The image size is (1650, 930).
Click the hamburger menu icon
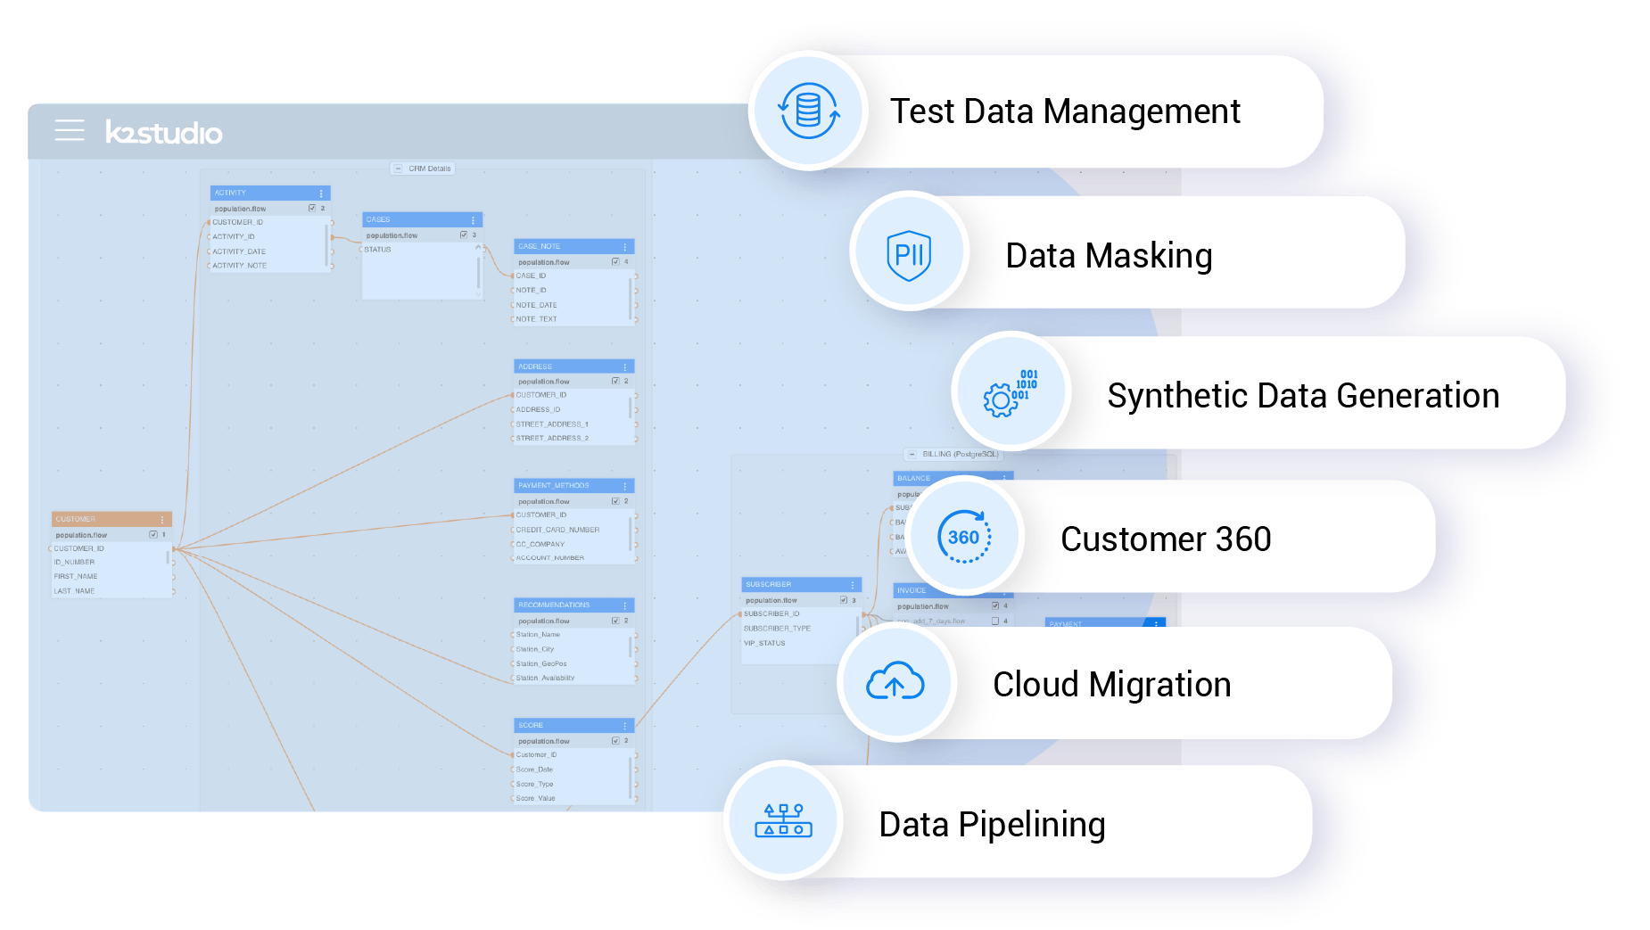tap(70, 130)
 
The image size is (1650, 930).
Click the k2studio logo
tap(164, 132)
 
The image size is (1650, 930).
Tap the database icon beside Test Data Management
tap(808, 111)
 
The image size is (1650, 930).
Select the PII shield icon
tap(909, 254)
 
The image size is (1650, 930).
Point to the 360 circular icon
tap(964, 537)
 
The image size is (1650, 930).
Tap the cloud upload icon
tap(895, 683)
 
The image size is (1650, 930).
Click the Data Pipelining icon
tap(783, 821)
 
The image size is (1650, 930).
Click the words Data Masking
tap(1109, 256)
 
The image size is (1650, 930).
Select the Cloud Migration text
tap(1111, 685)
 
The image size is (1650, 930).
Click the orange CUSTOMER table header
tap(111, 519)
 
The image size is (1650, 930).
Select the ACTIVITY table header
tap(269, 193)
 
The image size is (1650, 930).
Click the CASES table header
tap(421, 219)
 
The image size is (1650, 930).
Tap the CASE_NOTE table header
tap(573, 246)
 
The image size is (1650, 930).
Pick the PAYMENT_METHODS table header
tap(573, 486)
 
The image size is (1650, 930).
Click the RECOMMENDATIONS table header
tap(573, 605)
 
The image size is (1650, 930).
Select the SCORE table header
tap(573, 725)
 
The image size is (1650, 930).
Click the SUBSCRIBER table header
tap(800, 584)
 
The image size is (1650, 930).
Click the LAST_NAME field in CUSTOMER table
tap(75, 591)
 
